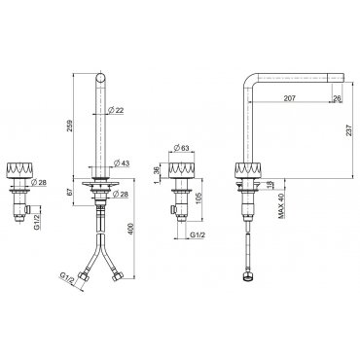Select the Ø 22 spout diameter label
[116, 111]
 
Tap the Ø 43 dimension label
[122, 162]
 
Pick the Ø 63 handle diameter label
[181, 148]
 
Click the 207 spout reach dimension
[290, 98]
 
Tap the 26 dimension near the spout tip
[338, 98]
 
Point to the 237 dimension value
[348, 130]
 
